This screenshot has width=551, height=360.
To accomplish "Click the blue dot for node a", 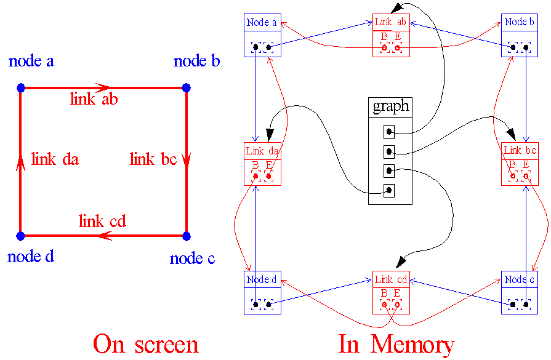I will (x=21, y=88).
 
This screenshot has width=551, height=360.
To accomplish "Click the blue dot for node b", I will (x=187, y=88).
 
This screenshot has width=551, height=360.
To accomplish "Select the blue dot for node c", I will (x=187, y=236).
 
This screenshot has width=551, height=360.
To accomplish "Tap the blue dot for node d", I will (x=21, y=236).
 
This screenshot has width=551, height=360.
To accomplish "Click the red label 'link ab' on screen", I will (x=94, y=98).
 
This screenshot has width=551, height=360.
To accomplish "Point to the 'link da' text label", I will (x=55, y=160).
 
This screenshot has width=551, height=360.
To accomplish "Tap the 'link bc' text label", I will (x=153, y=160).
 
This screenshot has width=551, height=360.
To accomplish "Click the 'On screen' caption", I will (x=146, y=343).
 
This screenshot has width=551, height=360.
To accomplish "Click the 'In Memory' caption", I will (x=396, y=343).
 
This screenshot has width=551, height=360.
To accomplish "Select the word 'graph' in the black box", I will (x=390, y=106).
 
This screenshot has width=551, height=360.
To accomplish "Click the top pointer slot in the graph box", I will (x=389, y=132).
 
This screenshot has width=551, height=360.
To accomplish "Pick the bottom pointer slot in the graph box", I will (x=389, y=191).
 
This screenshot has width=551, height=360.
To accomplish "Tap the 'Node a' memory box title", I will (x=262, y=22).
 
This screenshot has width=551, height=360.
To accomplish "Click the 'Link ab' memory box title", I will (x=390, y=22).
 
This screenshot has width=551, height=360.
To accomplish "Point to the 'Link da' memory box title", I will (x=262, y=151).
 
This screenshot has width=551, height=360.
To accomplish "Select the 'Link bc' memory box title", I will (x=520, y=151).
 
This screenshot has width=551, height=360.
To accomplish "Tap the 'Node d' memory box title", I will (x=262, y=279).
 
